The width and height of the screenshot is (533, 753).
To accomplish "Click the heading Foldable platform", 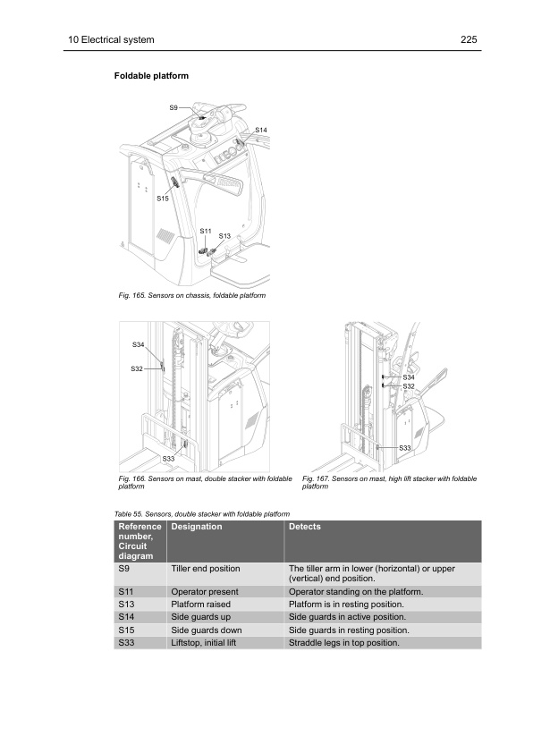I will click(x=151, y=76).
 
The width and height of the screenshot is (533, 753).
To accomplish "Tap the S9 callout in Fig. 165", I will click(x=174, y=107).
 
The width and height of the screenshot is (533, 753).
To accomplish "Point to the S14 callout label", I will click(x=261, y=131).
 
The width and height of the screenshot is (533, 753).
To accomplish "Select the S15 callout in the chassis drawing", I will click(x=162, y=198).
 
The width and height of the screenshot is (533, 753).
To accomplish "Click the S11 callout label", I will click(x=205, y=231).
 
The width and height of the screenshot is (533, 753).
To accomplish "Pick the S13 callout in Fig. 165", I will click(x=224, y=235).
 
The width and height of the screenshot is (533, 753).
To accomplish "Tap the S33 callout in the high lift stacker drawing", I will click(x=404, y=447).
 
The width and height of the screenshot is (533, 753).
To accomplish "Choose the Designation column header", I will click(x=196, y=528).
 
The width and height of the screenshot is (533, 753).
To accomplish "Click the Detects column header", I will click(x=304, y=528).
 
